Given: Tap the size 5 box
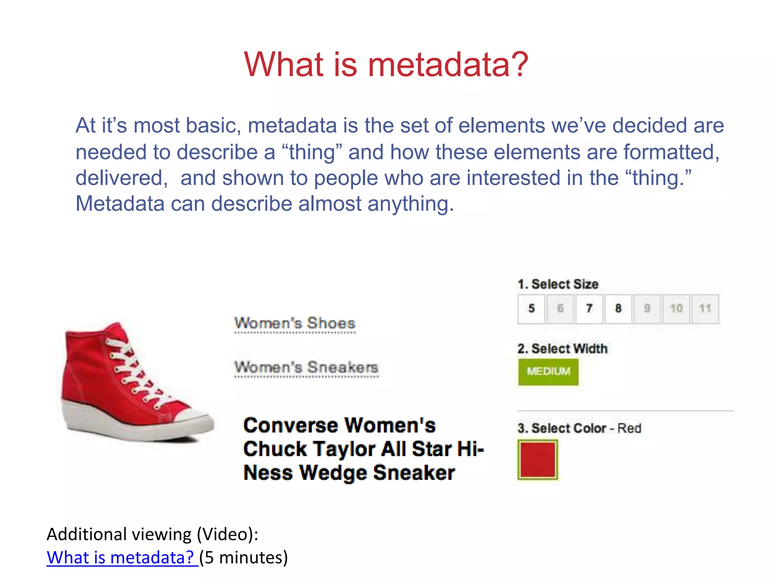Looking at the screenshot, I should click(x=531, y=309).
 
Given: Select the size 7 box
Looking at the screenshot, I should click(x=589, y=309).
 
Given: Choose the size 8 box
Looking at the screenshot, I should click(x=618, y=309).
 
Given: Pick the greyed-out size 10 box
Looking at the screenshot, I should click(x=676, y=309).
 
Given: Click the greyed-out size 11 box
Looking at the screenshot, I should click(x=705, y=309).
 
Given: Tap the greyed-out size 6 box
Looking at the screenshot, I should click(x=560, y=309).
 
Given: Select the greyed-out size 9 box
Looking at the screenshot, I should click(x=647, y=309).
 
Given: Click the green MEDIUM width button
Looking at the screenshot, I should click(x=548, y=372).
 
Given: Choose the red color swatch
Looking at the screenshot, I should click(x=537, y=460).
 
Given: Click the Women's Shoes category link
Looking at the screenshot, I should click(x=295, y=323).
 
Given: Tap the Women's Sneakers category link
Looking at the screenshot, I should click(x=306, y=367).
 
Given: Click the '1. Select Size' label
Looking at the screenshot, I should click(x=558, y=284).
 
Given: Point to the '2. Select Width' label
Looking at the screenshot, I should click(x=562, y=349).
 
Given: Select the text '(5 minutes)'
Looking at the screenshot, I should click(x=243, y=557).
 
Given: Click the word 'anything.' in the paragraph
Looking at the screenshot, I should click(x=411, y=204).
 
